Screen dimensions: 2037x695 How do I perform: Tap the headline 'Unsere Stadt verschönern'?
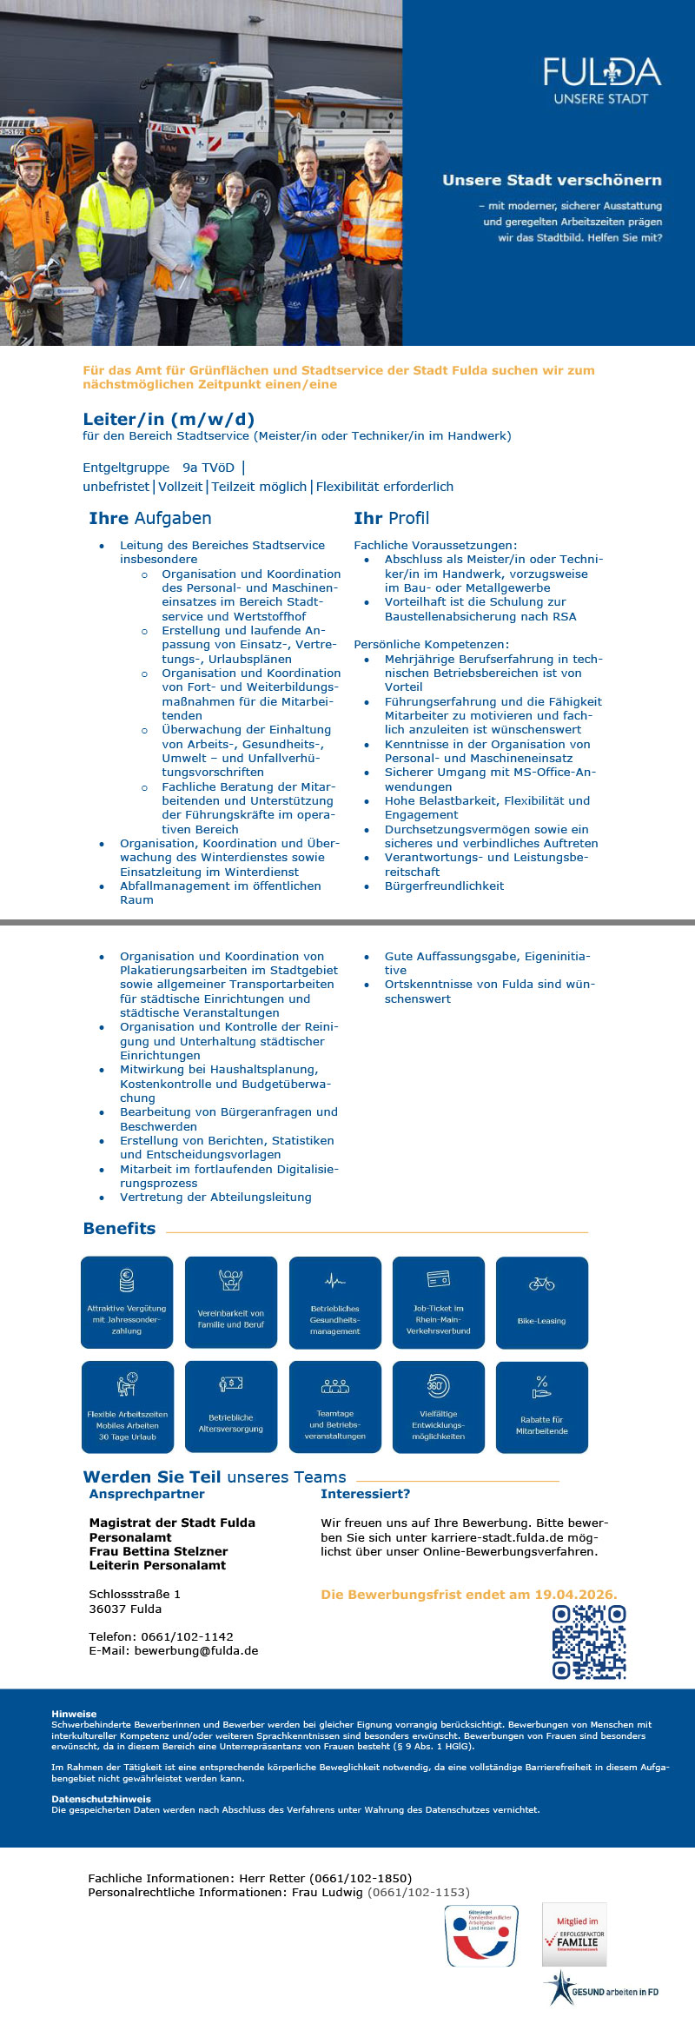552,180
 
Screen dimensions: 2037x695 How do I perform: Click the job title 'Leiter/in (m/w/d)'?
169,419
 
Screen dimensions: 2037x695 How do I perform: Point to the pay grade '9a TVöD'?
208,468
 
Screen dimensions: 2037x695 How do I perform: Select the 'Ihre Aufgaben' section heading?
150,518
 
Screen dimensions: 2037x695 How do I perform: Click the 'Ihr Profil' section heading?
391,518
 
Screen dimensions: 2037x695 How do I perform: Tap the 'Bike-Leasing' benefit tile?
541,1302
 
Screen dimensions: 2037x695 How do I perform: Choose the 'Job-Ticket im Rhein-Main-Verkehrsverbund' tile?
438,1302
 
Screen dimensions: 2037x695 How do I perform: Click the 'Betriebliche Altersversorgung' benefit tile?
230,1406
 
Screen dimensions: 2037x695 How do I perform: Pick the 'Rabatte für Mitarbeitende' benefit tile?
541,1406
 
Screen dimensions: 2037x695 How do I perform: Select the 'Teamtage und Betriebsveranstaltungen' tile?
334,1406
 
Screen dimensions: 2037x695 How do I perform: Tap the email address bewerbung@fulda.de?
195,1651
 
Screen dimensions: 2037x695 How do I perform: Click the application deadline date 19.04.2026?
575,1595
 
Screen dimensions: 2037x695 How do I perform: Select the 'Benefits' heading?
119,1228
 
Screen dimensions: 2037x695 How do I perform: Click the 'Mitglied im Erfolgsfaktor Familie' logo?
574,1934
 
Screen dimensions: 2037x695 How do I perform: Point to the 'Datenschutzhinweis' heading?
101,1799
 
